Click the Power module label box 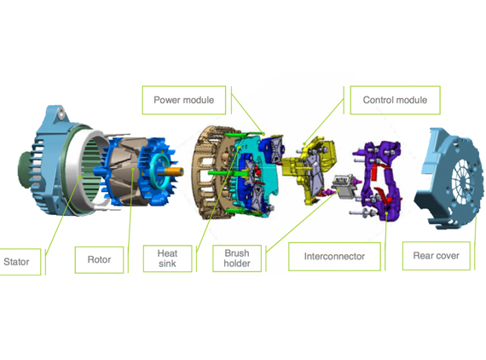pyautogui.click(x=184, y=100)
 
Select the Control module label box pyautogui.click(x=395, y=100)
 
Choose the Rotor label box pyautogui.click(x=99, y=260)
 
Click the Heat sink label pyautogui.click(x=167, y=258)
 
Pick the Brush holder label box pyautogui.click(x=237, y=258)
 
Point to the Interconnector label pyautogui.click(x=334, y=257)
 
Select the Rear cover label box pyautogui.click(x=436, y=256)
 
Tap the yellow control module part pyautogui.click(x=310, y=169)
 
